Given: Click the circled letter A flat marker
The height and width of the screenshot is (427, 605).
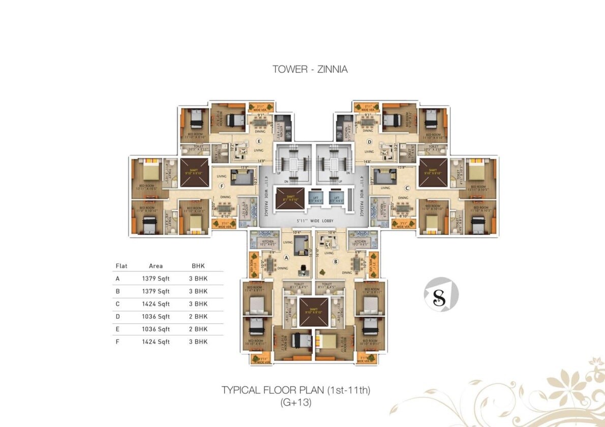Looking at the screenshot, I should pos(286,258).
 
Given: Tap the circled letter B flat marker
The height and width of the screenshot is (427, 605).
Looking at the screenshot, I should pos(336,262).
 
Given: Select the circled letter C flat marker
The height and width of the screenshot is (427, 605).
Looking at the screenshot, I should pos(414,188).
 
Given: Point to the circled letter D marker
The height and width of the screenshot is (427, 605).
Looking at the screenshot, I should pos(370,142).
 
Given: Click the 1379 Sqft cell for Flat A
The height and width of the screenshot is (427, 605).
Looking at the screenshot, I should pos(156,279).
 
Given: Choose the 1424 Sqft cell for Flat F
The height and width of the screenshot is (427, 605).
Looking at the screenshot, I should pos(156,342).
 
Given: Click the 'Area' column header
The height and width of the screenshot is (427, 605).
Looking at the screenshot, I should pos(156,266).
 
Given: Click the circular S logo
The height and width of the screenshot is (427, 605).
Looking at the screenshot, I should pos(441,294).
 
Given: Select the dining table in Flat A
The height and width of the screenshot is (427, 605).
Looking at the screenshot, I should pos(270,263).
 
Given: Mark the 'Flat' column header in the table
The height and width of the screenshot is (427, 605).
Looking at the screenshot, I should pos(122,266).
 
